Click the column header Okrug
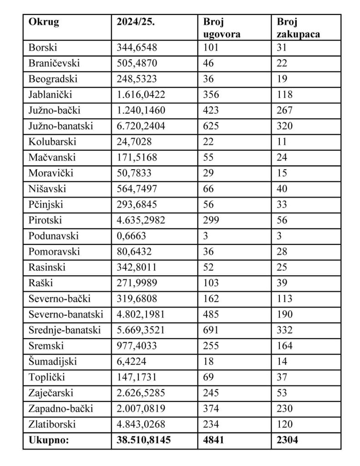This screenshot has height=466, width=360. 44,22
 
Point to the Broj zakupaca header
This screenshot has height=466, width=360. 298,28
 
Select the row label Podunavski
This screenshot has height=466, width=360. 53,236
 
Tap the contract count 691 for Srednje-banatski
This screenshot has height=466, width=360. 211,330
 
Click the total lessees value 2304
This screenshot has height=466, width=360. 290,440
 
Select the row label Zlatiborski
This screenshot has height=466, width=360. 52,424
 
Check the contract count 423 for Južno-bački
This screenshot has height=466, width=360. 211,110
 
